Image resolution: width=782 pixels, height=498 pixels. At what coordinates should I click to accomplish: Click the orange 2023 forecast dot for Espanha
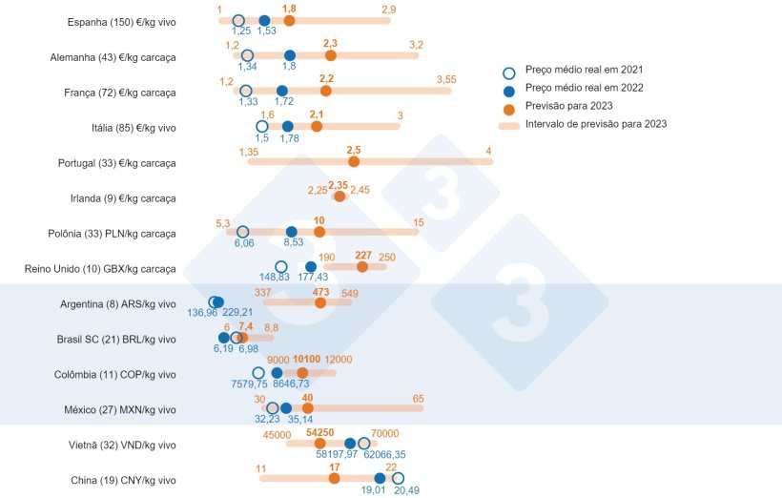coord(289,20)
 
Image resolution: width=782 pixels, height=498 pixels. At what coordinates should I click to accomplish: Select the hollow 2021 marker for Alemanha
coord(247,55)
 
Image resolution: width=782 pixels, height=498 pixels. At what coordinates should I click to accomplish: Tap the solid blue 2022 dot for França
coord(281,91)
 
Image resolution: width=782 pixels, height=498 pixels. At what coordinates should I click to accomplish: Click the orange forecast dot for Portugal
coord(354,161)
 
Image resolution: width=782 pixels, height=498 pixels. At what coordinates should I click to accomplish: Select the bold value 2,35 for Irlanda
coord(338,185)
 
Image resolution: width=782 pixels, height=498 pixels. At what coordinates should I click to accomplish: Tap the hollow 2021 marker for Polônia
coord(242,232)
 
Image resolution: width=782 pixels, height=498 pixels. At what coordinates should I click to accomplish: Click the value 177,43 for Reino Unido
coord(313,277)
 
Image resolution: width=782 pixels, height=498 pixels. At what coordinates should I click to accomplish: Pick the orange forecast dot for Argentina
coord(320,302)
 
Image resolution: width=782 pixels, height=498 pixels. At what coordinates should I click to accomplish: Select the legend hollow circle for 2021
coord(509,71)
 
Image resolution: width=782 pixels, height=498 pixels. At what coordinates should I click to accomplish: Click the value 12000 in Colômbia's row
coord(339,360)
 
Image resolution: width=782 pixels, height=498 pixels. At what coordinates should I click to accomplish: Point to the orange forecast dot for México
coord(307,408)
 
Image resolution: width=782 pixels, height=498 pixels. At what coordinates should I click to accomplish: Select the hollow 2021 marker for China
coord(398,479)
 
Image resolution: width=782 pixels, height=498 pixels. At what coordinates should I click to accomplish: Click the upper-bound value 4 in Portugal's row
coord(488,151)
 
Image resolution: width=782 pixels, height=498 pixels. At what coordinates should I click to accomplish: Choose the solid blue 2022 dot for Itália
coord(287,126)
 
